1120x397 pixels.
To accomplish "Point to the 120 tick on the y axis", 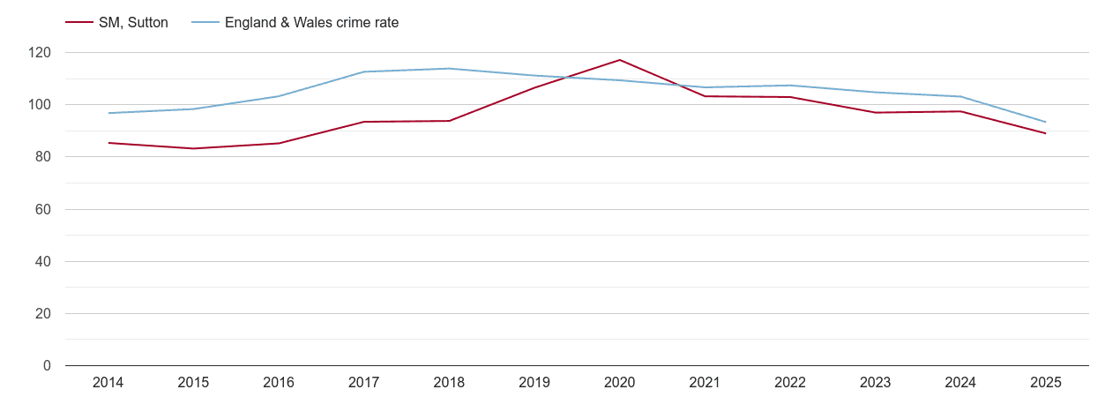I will click(40, 53).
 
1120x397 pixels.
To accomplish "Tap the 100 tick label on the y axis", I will click(40, 105).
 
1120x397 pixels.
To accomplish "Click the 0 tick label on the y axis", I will click(47, 366).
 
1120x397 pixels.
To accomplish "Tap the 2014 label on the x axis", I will click(108, 383).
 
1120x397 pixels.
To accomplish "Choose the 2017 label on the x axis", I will click(363, 383).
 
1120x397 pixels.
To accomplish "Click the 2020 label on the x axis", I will click(619, 383).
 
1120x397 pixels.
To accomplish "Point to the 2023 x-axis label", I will click(875, 383).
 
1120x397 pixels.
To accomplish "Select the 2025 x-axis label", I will click(1046, 383).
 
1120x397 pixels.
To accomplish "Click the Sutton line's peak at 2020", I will click(619, 60).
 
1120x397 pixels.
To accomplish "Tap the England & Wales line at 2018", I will click(449, 69).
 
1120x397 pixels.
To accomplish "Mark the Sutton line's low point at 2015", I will click(193, 148).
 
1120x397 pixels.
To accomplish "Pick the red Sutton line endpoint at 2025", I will click(1046, 133).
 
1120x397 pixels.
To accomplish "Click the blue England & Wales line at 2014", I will click(108, 113).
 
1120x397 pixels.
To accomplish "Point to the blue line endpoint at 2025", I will click(1046, 122).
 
